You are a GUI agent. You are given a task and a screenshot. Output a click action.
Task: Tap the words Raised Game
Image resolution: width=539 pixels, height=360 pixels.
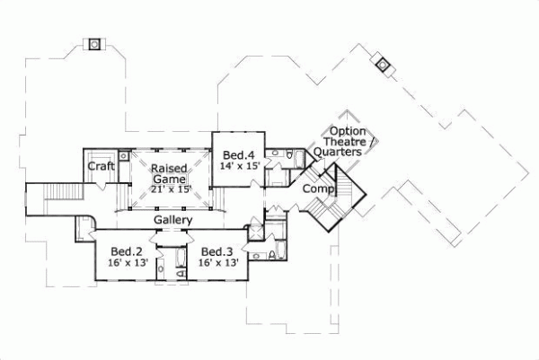click(x=168, y=173)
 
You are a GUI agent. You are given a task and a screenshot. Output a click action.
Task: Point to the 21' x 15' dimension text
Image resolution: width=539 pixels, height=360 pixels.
click(x=171, y=189)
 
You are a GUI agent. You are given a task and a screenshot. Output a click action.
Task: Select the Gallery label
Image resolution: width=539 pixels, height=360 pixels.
click(x=172, y=221)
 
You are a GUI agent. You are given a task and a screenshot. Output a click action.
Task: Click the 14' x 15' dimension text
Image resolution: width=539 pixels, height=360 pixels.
click(x=240, y=167)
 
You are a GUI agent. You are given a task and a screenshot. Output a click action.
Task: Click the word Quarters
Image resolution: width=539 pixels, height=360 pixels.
click(x=339, y=153)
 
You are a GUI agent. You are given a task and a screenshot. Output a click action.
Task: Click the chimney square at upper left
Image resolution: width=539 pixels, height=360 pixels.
click(x=94, y=44)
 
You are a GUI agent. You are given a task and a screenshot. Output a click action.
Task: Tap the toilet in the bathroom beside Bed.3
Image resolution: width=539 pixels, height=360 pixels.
click(x=271, y=257)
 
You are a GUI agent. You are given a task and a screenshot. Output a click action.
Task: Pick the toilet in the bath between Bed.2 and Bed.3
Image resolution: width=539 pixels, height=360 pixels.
click(x=161, y=269)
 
